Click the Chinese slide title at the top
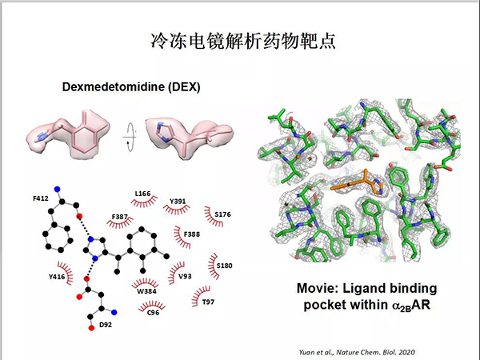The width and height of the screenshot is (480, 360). click(x=240, y=41)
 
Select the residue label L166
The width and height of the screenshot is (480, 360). click(x=142, y=194)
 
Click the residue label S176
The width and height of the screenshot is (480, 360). click(x=223, y=214)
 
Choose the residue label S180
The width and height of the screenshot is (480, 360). click(x=225, y=265)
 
